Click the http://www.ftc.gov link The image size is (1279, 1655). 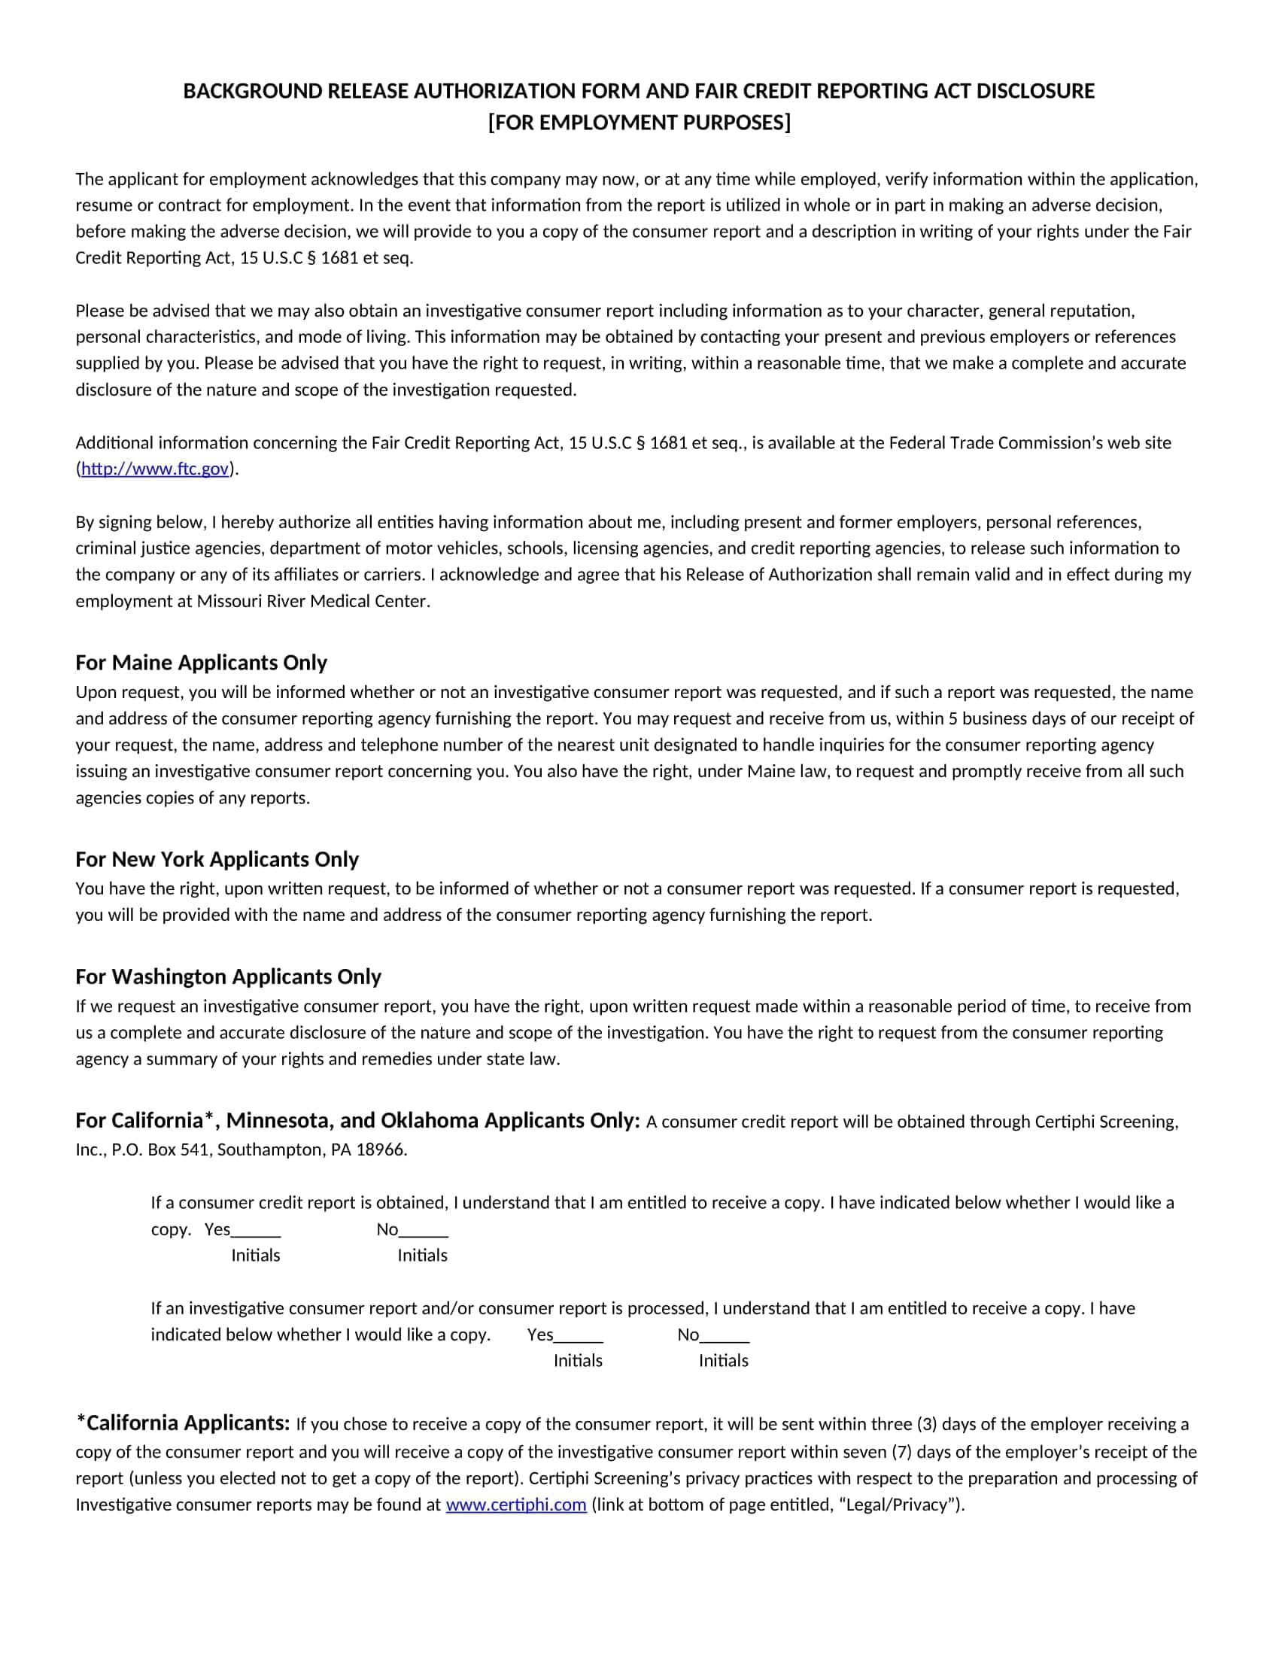tap(154, 469)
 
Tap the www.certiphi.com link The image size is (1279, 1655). tap(516, 1505)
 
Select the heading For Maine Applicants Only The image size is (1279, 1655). tap(201, 662)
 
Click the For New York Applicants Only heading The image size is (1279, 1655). tap(217, 859)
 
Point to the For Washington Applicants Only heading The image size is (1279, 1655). tap(228, 976)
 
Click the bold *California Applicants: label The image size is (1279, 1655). tap(183, 1423)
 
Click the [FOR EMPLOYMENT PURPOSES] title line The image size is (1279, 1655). tap(639, 123)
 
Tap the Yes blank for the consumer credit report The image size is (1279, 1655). tap(256, 1229)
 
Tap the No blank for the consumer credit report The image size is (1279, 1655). tap(424, 1229)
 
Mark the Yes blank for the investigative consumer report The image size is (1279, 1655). tap(579, 1335)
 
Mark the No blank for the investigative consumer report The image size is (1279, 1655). tap(725, 1335)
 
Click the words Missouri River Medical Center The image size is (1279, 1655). tap(312, 601)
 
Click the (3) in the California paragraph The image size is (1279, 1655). tap(927, 1425)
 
